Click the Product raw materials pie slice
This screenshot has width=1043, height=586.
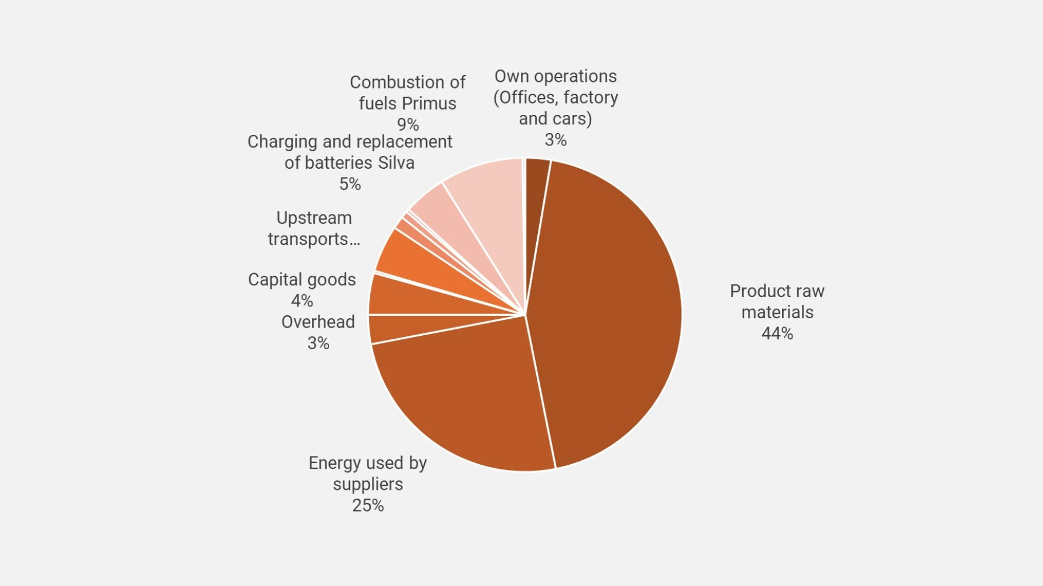[610, 311]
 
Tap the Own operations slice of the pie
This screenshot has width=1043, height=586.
[536, 176]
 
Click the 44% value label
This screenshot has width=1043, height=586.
[777, 333]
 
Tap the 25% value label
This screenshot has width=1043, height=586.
[368, 505]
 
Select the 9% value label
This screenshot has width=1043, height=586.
[408, 124]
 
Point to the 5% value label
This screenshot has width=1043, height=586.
[350, 184]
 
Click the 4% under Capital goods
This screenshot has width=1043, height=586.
[302, 301]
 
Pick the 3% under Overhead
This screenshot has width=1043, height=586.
[318, 343]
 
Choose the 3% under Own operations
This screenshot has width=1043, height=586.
[556, 139]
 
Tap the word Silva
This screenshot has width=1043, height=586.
[396, 162]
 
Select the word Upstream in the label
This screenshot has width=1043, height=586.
[314, 217]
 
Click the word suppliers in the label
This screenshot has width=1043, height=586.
[368, 484]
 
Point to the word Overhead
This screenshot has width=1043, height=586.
[318, 322]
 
